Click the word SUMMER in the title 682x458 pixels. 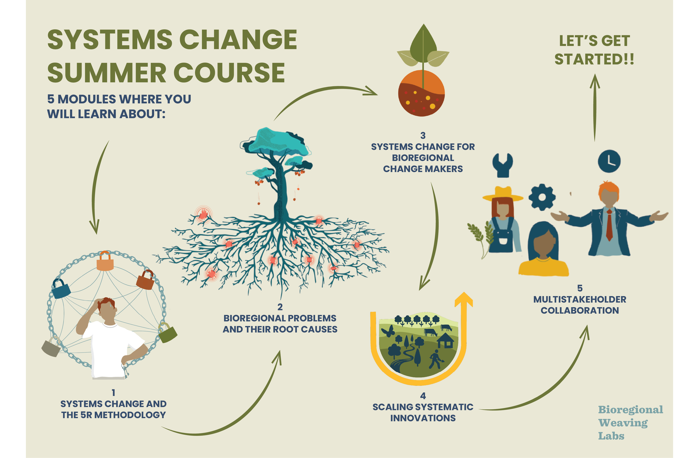pyautogui.click(x=107, y=73)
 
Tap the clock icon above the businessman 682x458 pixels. pyautogui.click(x=609, y=161)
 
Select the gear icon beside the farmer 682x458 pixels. pyautogui.click(x=542, y=197)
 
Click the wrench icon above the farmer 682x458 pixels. pyautogui.click(x=502, y=165)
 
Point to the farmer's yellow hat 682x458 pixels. pyautogui.click(x=502, y=194)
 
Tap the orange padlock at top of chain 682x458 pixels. pyautogui.click(x=105, y=262)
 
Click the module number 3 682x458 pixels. pyautogui.click(x=423, y=135)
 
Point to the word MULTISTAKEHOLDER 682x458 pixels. pyautogui.click(x=580, y=299)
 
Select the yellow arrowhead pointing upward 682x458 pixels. pyautogui.click(x=463, y=300)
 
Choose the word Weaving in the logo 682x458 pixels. pyautogui.click(x=623, y=423)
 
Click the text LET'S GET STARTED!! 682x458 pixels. pyautogui.click(x=594, y=50)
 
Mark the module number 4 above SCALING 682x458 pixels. pyautogui.click(x=423, y=396)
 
